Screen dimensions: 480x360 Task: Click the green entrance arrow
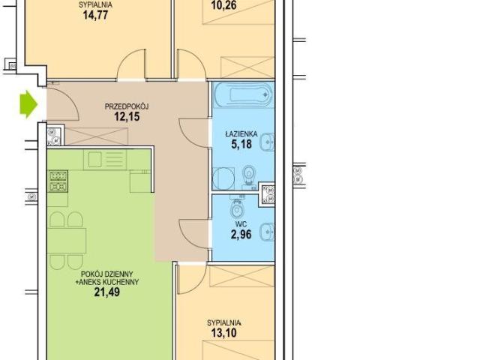pyautogui.click(x=28, y=104)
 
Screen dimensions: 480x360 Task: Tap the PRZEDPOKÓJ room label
pyautogui.click(x=127, y=106)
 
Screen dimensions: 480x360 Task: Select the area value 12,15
pyautogui.click(x=127, y=117)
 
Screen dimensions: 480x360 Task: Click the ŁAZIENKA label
pyautogui.click(x=241, y=134)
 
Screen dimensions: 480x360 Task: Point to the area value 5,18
pyautogui.click(x=241, y=144)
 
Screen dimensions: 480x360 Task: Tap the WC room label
pyautogui.click(x=241, y=225)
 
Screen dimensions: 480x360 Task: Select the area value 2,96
pyautogui.click(x=241, y=235)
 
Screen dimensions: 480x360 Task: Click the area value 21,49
pyautogui.click(x=106, y=292)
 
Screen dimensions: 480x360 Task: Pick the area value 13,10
pyautogui.click(x=223, y=332)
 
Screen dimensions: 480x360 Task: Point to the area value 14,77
pyautogui.click(x=95, y=15)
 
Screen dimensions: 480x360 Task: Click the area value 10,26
pyautogui.click(x=223, y=5)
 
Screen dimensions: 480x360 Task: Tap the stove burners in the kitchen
pyautogui.click(x=58, y=181)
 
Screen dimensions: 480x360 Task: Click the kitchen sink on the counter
pyautogui.click(x=95, y=160)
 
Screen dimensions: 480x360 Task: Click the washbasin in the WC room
pyautogui.click(x=267, y=232)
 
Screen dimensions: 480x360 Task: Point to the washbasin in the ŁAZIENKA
pyautogui.click(x=267, y=142)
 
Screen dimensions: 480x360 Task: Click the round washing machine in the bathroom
pyautogui.click(x=223, y=178)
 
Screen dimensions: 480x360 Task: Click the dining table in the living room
pyautogui.click(x=67, y=241)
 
